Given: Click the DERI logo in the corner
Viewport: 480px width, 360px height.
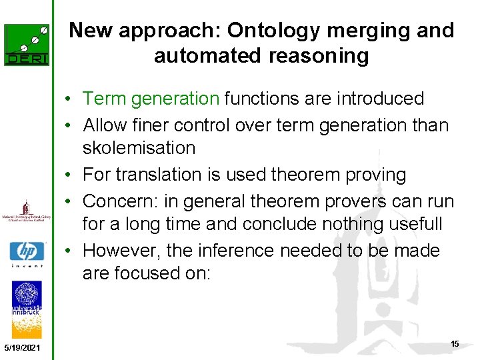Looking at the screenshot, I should (x=27, y=45).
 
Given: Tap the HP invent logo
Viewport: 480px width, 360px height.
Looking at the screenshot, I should (x=27, y=254).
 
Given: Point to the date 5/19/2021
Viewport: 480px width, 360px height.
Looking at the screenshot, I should (x=21, y=348).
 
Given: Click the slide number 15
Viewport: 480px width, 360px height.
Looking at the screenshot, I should (x=455, y=344).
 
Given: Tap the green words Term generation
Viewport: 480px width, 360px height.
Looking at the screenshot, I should (x=151, y=99).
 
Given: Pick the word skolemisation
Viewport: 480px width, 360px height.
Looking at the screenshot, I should (x=139, y=148).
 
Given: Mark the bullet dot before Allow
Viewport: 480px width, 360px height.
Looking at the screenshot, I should (x=69, y=125).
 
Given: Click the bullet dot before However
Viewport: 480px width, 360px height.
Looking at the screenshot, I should (x=69, y=251).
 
